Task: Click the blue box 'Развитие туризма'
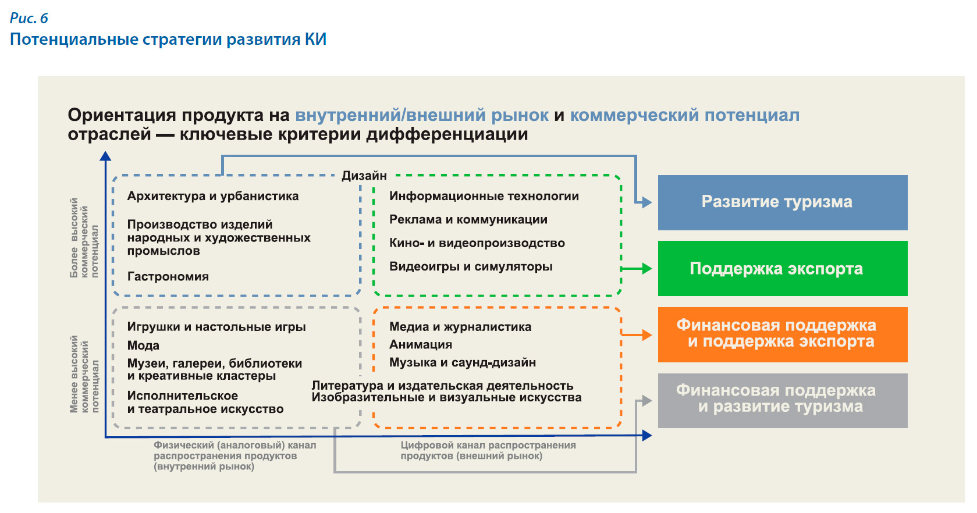[x=783, y=202]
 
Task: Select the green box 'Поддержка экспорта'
[x=783, y=269]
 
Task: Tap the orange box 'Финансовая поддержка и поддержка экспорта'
[x=783, y=335]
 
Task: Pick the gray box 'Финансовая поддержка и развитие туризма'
[x=783, y=401]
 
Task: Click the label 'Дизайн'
[x=364, y=176]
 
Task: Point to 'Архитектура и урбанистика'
[x=213, y=196]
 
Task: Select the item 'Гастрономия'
[x=168, y=276]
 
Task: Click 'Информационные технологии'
[x=484, y=196]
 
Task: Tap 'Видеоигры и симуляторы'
[x=471, y=266]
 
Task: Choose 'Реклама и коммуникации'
[x=468, y=219]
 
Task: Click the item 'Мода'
[x=143, y=345]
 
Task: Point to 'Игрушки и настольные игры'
[x=216, y=327]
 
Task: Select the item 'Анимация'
[x=421, y=345]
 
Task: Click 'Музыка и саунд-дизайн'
[x=463, y=362]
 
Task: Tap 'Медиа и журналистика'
[x=460, y=327]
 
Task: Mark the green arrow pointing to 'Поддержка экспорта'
[x=637, y=269]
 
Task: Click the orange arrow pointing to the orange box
[x=637, y=335]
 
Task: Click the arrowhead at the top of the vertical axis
[x=105, y=156]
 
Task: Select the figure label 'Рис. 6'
[x=29, y=18]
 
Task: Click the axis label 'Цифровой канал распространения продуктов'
[x=488, y=451]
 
